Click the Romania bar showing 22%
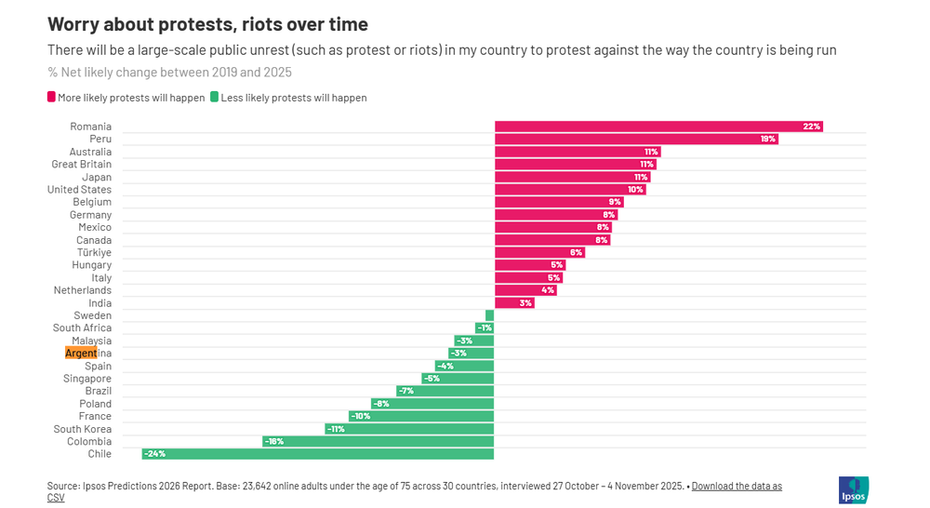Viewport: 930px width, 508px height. click(658, 127)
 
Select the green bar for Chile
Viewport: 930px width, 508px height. click(317, 454)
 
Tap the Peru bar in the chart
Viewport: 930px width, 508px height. click(635, 139)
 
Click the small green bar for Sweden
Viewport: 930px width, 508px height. click(489, 315)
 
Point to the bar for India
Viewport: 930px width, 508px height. click(513, 302)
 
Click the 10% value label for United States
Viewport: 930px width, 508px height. click(635, 190)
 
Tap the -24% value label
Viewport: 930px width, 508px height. click(154, 454)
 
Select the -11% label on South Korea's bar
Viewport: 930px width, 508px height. click(336, 429)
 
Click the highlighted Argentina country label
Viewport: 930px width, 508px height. click(81, 354)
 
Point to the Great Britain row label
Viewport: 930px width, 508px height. click(81, 165)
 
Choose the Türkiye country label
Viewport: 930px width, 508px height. click(94, 252)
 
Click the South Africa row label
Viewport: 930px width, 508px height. click(82, 328)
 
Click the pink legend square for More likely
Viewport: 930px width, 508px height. click(51, 97)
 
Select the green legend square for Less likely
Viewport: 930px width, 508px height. click(215, 97)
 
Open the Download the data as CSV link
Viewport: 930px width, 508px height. click(736, 486)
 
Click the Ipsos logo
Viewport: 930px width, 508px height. click(853, 490)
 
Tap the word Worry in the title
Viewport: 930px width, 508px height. click(76, 24)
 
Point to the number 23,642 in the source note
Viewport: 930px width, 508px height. click(259, 486)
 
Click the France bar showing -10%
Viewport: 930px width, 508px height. click(420, 416)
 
